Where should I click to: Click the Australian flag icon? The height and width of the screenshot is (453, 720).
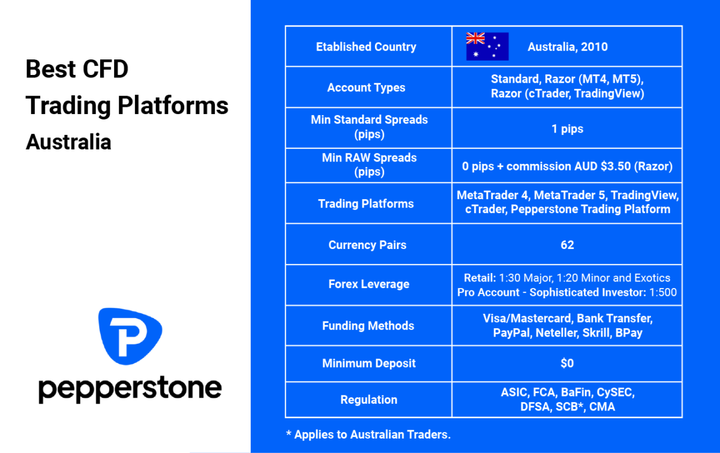(487, 47)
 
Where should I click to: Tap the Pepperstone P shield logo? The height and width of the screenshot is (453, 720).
(130, 336)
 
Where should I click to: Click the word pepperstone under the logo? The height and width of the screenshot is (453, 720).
(130, 389)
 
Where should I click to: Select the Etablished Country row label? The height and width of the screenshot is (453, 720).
(366, 47)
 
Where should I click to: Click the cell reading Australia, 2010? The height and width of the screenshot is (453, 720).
(568, 47)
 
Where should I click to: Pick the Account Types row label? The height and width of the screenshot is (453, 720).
(366, 88)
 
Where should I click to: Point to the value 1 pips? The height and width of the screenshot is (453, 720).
(568, 129)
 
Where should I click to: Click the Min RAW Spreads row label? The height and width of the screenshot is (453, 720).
(370, 164)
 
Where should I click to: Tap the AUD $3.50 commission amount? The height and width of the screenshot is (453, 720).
(602, 167)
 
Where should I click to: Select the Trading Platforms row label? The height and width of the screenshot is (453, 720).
(366, 204)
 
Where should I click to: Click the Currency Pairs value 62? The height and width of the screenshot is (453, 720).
(568, 245)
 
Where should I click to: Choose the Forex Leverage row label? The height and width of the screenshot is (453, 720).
(369, 284)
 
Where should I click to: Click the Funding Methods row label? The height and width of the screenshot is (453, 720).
(368, 326)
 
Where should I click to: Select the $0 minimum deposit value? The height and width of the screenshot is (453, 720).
(568, 364)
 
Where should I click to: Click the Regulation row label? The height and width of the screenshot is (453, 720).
(369, 400)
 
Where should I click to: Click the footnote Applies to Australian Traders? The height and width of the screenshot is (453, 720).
(372, 434)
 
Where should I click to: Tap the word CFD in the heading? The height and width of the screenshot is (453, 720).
(106, 69)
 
